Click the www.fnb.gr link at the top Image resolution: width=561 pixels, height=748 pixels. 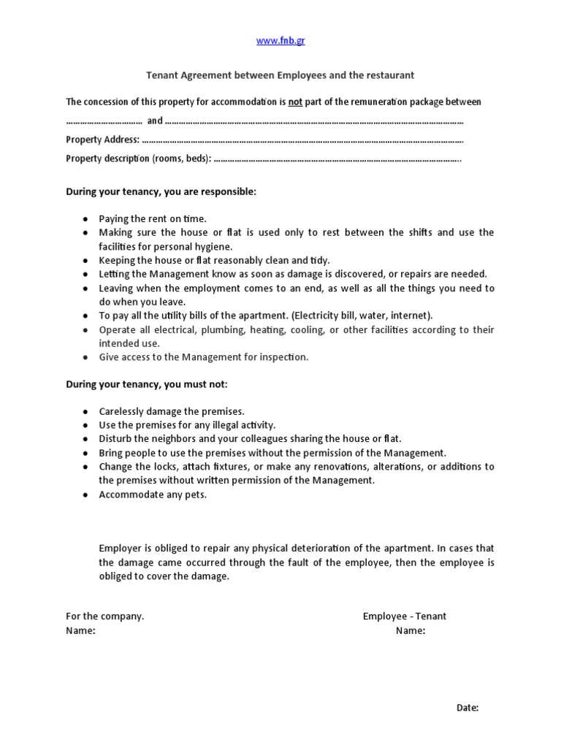pos(280,41)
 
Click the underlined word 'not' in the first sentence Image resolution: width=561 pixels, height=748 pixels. pos(295,102)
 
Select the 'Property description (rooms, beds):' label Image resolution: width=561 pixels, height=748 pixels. pos(138,159)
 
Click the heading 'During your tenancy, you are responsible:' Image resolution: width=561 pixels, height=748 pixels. pos(161,191)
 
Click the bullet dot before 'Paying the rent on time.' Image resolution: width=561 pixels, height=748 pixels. pos(86,219)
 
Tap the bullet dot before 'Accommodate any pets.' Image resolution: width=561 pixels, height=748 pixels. pos(86,495)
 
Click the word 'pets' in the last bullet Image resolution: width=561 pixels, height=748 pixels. pos(195,495)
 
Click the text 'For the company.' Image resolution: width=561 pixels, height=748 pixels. pos(105,616)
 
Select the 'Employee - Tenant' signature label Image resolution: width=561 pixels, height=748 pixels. pos(405,616)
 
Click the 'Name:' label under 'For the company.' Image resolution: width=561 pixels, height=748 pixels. pos(80,631)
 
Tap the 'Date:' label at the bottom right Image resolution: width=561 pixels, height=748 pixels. pos(467,708)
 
